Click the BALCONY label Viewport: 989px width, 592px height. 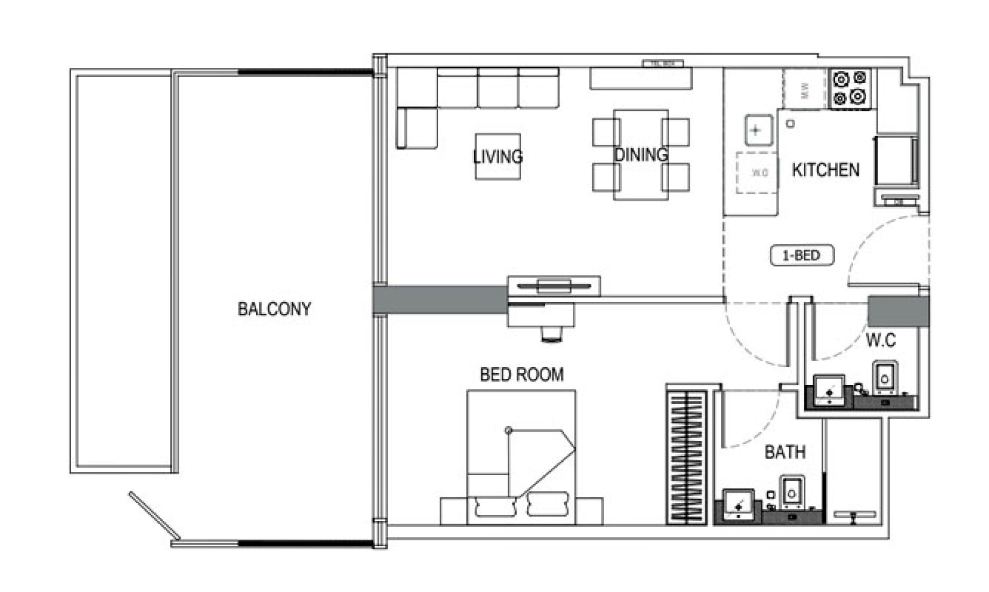(274, 309)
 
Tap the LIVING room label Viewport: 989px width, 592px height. (498, 157)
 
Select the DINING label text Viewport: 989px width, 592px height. (641, 155)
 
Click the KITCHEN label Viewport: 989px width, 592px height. (825, 170)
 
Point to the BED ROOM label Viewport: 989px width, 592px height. (522, 375)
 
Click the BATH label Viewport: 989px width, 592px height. (785, 452)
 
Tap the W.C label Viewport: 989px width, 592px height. (881, 340)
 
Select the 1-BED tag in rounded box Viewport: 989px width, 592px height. (802, 256)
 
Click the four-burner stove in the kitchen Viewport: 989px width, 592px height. (850, 88)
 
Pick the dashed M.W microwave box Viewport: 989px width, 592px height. (805, 90)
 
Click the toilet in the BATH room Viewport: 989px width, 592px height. (791, 491)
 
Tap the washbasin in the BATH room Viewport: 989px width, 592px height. (738, 504)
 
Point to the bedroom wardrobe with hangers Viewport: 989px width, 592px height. (686, 457)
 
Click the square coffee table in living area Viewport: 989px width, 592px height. (498, 157)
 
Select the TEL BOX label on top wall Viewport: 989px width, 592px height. (663, 64)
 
